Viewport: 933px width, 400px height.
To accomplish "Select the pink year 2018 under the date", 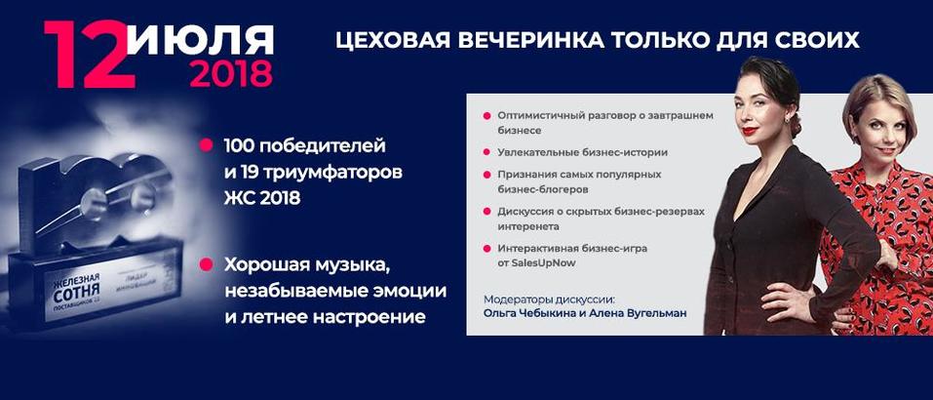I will [231, 74].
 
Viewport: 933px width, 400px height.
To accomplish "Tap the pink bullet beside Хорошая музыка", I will [206, 264].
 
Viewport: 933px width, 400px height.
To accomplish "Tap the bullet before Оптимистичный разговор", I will [486, 116].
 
